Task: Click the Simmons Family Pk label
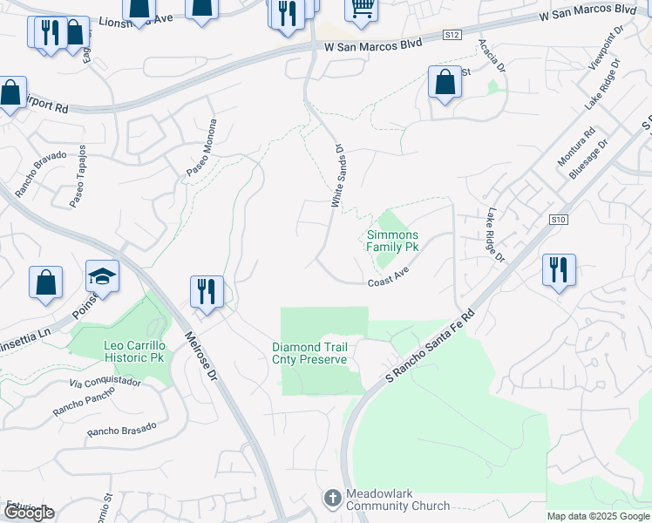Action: click(392, 241)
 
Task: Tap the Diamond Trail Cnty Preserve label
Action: click(309, 353)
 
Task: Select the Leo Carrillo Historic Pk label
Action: click(133, 351)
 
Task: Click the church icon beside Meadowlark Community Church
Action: click(332, 499)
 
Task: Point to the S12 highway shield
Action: click(451, 34)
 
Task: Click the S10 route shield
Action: click(559, 221)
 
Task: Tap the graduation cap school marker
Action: click(102, 277)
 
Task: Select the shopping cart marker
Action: click(361, 9)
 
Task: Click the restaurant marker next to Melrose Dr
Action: click(207, 291)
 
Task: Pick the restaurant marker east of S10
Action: click(559, 269)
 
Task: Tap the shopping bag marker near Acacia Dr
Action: click(445, 83)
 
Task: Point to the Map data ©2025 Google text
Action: click(598, 516)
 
